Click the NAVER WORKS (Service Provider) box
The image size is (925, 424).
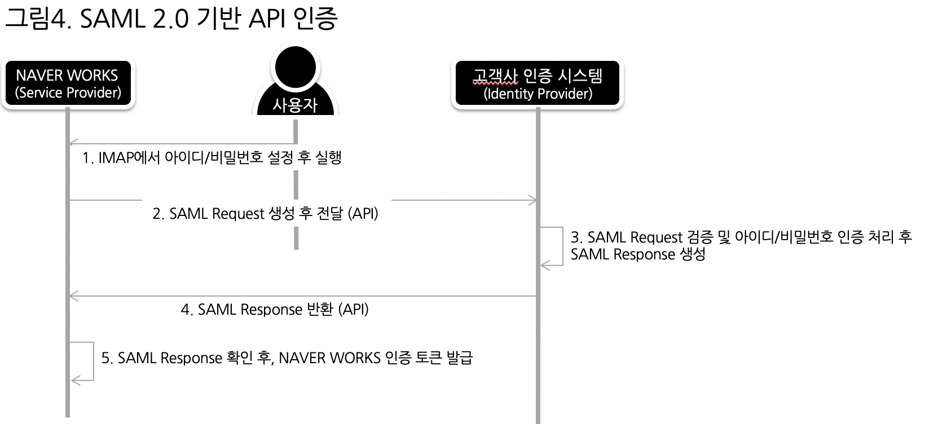click(x=68, y=83)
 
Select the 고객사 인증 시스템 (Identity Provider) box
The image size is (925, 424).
click(x=538, y=83)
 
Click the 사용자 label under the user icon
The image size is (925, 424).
click(x=296, y=105)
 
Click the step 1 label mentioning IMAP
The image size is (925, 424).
click(x=212, y=157)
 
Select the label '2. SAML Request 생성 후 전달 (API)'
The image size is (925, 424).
click(x=265, y=214)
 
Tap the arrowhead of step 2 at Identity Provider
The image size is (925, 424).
click(x=532, y=200)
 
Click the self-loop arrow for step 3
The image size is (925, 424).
click(x=562, y=246)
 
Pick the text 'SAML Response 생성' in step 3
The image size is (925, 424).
click(x=637, y=254)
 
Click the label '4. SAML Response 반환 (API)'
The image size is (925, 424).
click(x=275, y=310)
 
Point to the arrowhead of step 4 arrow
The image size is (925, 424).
click(x=72, y=296)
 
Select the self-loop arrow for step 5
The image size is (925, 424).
click(x=92, y=361)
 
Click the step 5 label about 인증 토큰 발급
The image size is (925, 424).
click(x=287, y=358)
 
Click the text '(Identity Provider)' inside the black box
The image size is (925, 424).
click(x=538, y=94)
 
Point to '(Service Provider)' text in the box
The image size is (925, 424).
click(x=68, y=92)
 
